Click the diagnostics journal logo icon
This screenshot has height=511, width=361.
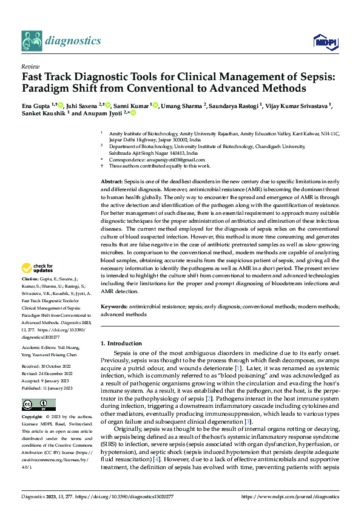[32, 41]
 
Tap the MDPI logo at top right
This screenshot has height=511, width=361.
[323, 42]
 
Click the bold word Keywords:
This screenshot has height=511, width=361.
[113, 308]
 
